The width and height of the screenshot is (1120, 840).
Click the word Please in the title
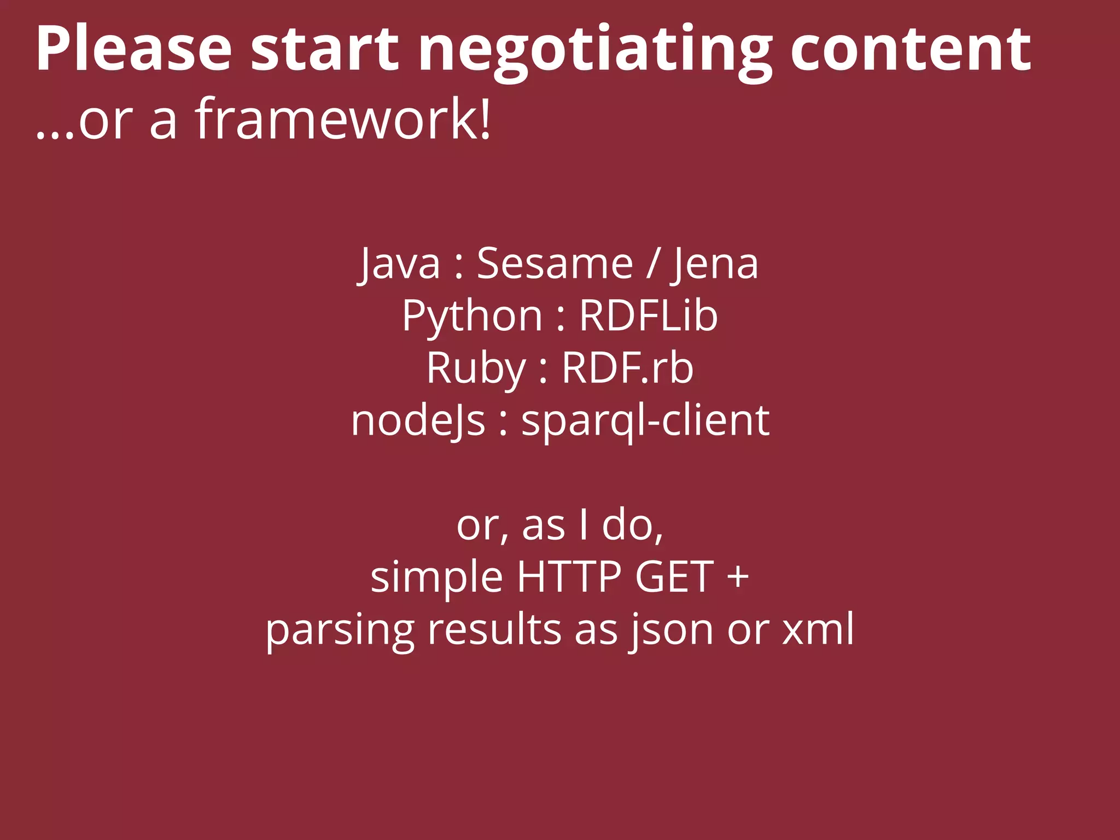(x=134, y=49)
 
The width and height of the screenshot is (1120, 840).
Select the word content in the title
(x=911, y=49)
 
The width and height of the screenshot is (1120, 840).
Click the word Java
(x=400, y=264)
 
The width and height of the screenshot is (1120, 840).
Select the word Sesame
(x=555, y=264)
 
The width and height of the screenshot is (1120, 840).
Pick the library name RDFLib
(x=648, y=316)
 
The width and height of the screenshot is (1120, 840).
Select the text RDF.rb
(x=628, y=368)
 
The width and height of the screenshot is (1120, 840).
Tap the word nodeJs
(x=418, y=422)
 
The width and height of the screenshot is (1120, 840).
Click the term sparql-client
(x=645, y=422)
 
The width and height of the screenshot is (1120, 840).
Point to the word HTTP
(x=569, y=577)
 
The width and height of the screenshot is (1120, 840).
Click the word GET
(x=674, y=577)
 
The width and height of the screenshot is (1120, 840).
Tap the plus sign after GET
(x=738, y=577)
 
